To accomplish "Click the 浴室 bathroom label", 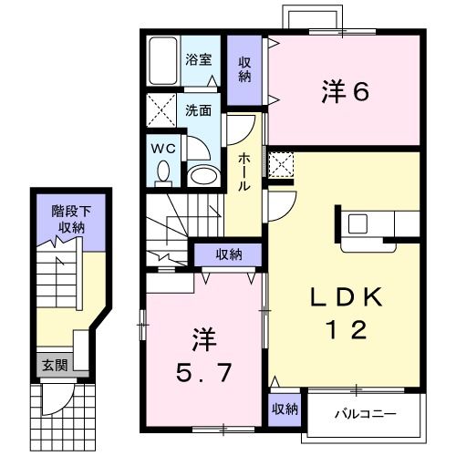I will point(199,60).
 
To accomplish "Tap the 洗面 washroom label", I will point(199,110).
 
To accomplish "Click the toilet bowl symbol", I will point(164,171).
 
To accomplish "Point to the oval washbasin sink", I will point(203,173).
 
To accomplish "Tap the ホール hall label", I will point(244,171).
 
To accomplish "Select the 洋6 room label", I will point(345,91).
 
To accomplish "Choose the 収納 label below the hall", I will point(229,254).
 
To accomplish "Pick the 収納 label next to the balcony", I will point(284,409).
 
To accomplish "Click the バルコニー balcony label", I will point(364,413).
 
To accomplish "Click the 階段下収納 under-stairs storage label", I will point(69,219).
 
